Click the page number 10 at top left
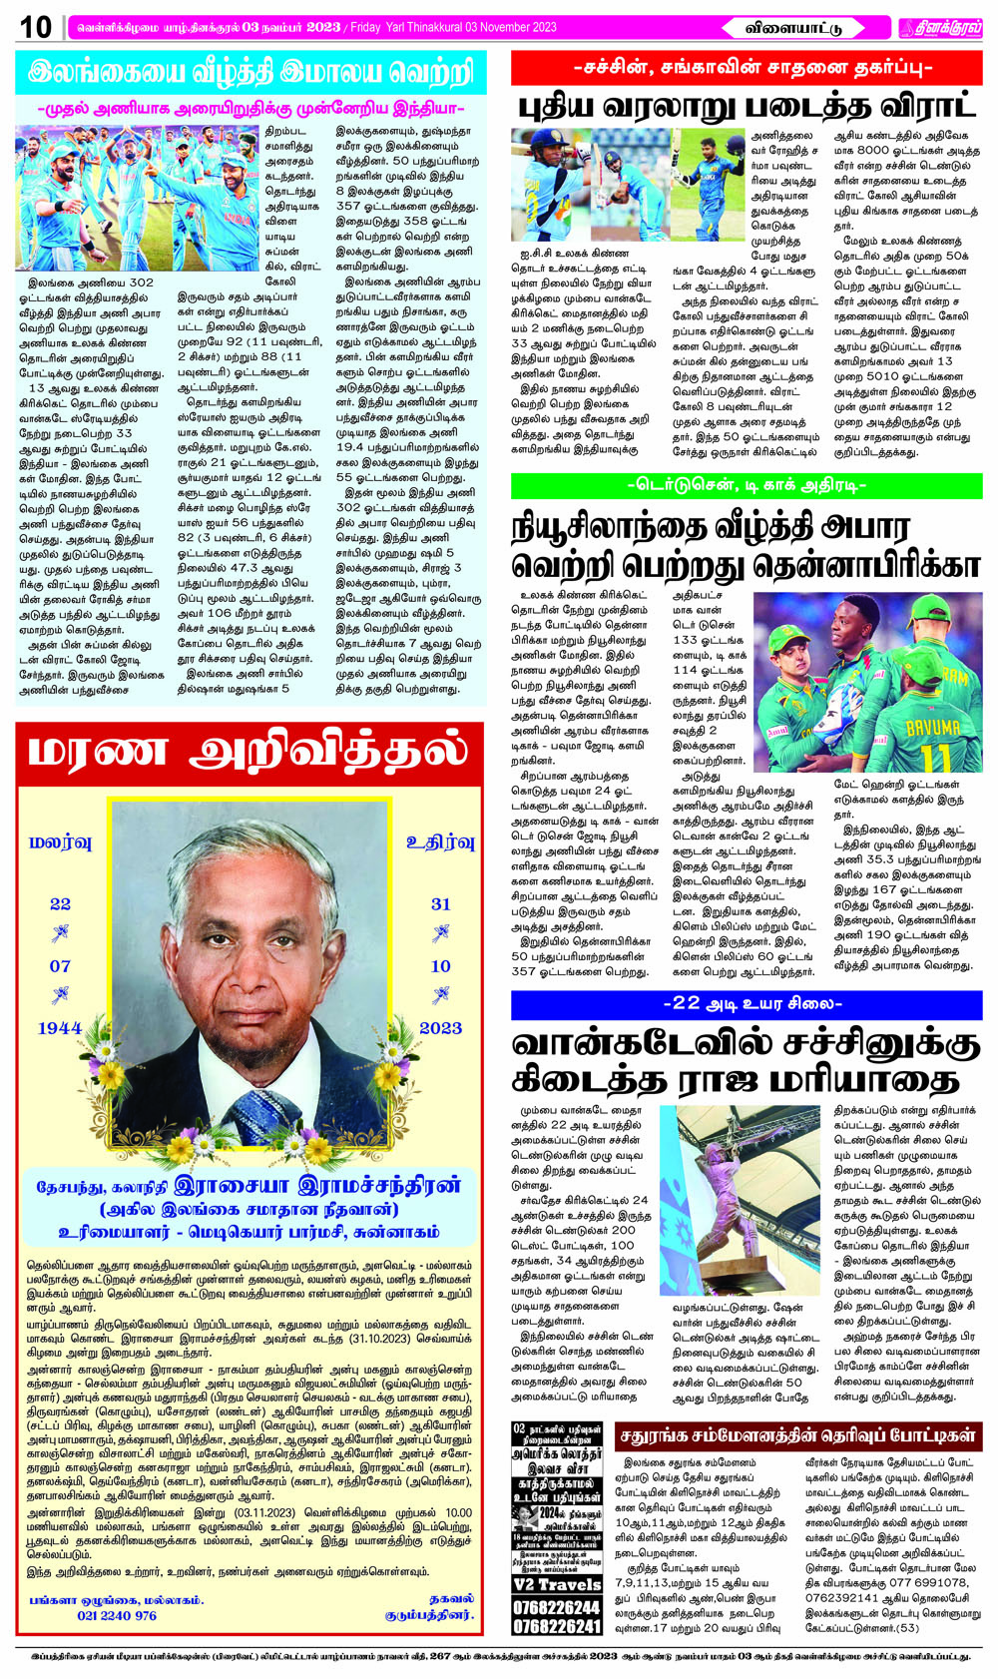pos(36,27)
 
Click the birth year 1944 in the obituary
pos(60,1028)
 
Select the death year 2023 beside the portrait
pos(440,1028)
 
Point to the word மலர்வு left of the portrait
pos(60,841)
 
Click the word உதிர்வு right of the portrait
pos(440,841)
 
